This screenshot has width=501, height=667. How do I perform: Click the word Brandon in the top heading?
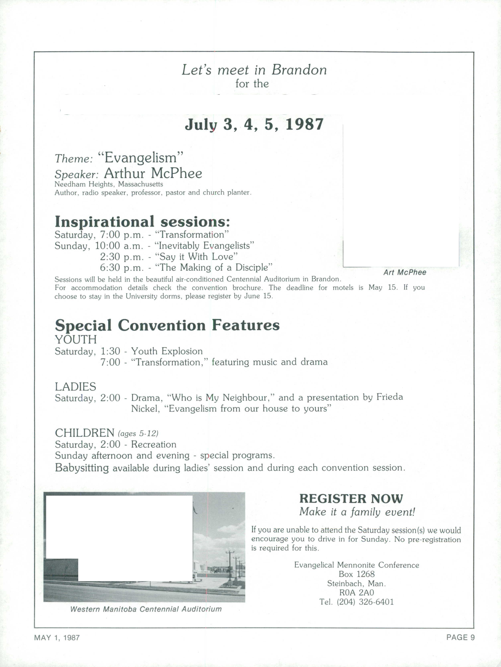pos(299,70)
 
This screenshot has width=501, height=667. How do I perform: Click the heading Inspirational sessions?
pos(142,222)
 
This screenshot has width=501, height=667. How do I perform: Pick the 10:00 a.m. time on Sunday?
pos(119,246)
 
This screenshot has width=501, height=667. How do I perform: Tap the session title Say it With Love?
pos(196,257)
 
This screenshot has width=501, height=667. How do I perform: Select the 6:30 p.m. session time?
pos(122,267)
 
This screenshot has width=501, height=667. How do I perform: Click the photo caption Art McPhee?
pos(405,272)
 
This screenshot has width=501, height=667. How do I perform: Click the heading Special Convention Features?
pos(167,325)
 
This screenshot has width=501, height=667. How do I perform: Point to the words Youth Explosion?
pos(167,351)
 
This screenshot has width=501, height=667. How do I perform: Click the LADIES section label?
pos(75,387)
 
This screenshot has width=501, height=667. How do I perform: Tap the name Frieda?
pos(389,397)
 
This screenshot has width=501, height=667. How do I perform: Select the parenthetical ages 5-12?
pos(138,434)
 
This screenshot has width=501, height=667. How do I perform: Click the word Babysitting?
pos(82,468)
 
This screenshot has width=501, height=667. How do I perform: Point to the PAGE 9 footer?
pos(460,637)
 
